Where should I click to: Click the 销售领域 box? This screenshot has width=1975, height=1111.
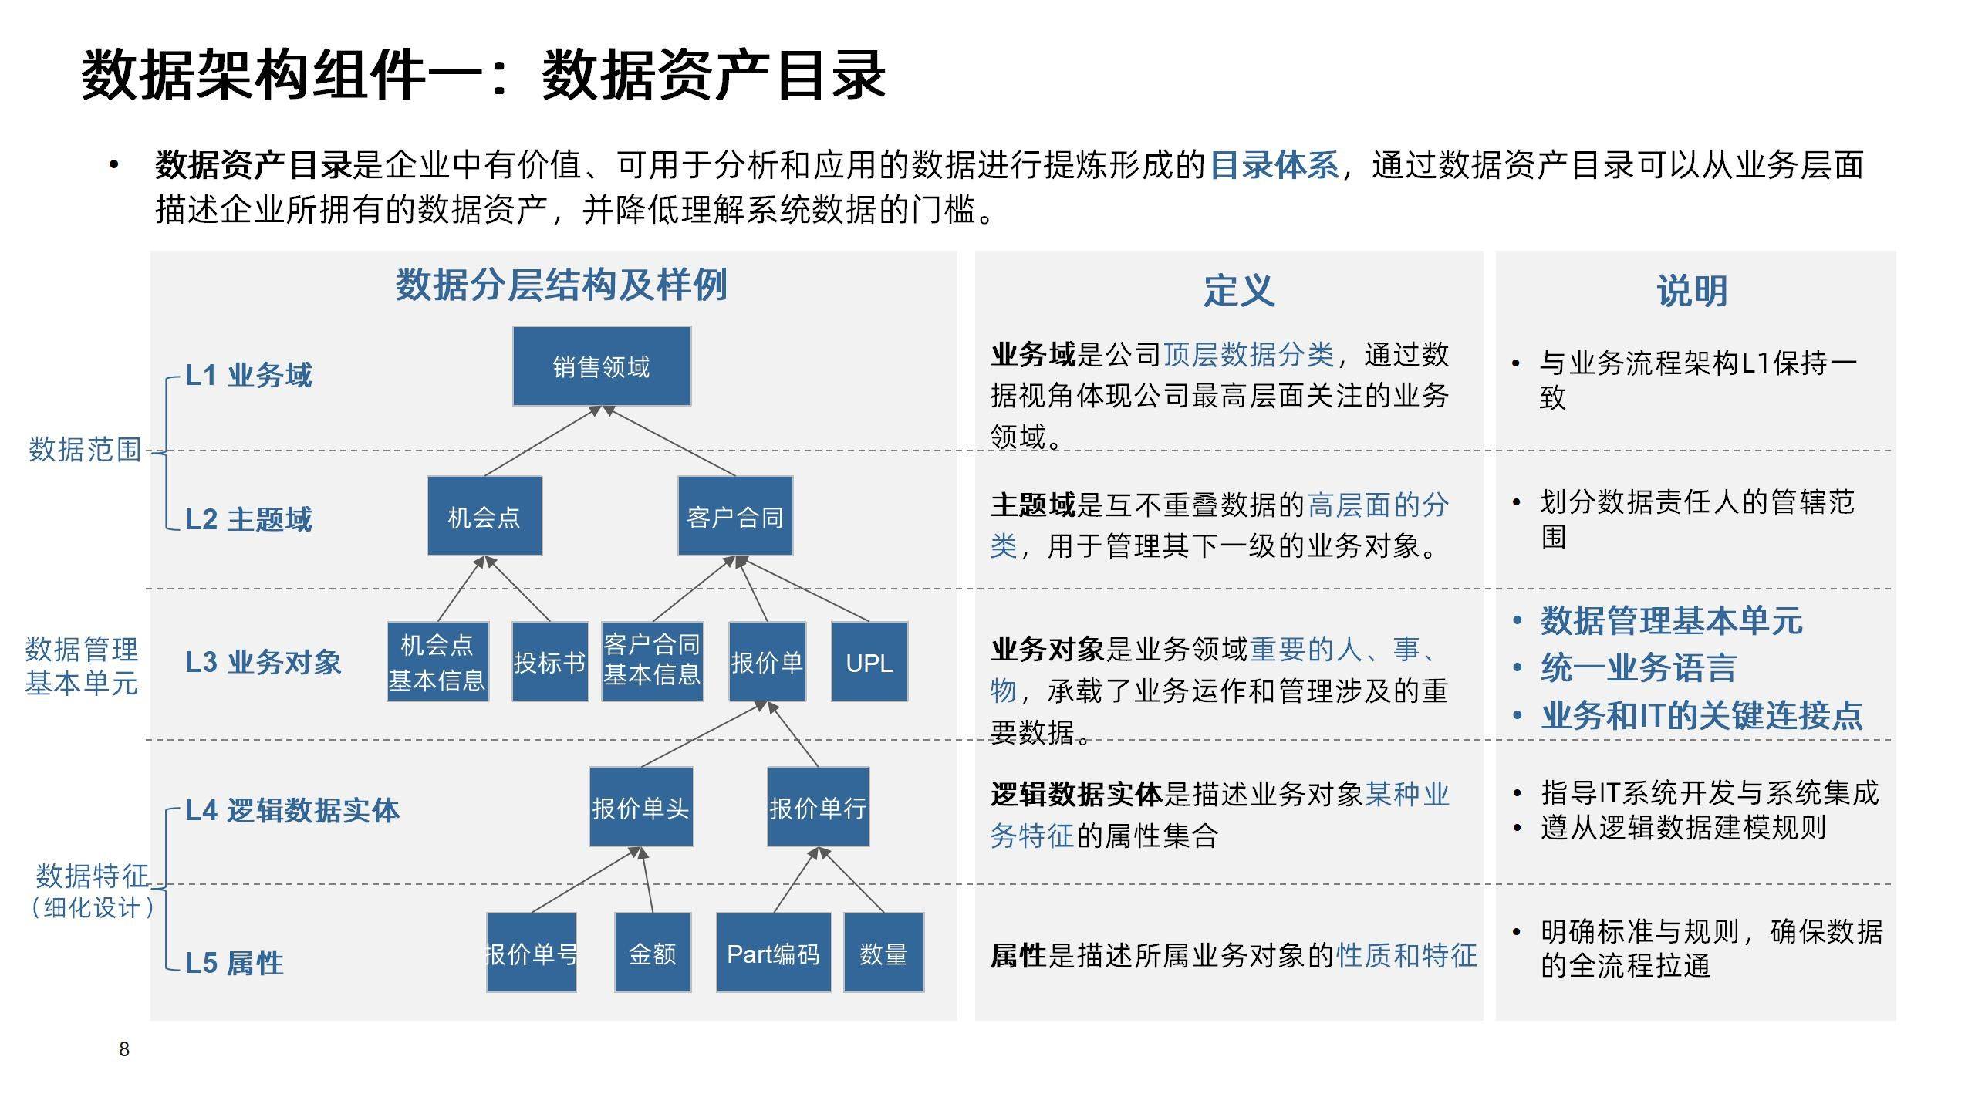[x=602, y=366]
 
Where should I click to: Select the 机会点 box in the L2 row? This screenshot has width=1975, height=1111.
[x=484, y=516]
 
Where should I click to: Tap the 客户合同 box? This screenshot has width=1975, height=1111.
[x=735, y=516]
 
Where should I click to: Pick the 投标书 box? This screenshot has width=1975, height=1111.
[x=550, y=662]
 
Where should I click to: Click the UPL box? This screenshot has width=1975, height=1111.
[x=869, y=662]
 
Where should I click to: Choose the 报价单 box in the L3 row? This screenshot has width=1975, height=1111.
[x=767, y=662]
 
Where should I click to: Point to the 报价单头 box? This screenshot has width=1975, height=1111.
[x=641, y=807]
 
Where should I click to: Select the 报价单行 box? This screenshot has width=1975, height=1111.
[x=818, y=807]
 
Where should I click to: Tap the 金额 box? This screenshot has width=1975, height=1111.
[x=653, y=953]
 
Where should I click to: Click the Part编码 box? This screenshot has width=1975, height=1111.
[x=774, y=953]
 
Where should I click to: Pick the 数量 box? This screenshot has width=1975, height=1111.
[x=884, y=953]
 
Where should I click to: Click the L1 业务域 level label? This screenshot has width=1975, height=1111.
[x=248, y=376]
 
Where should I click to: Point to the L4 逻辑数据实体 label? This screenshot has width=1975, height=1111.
[x=292, y=810]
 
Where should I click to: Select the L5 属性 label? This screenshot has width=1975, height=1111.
[x=235, y=963]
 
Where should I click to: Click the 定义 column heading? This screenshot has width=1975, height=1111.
[x=1238, y=291]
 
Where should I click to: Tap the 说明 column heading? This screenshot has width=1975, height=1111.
[x=1692, y=291]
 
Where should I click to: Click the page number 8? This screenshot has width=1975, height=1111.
[x=124, y=1049]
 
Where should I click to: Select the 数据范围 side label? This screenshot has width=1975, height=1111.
[x=85, y=449]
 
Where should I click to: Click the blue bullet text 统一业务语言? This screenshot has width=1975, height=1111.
[x=1638, y=668]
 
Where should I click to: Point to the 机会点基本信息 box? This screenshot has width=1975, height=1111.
[x=437, y=662]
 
